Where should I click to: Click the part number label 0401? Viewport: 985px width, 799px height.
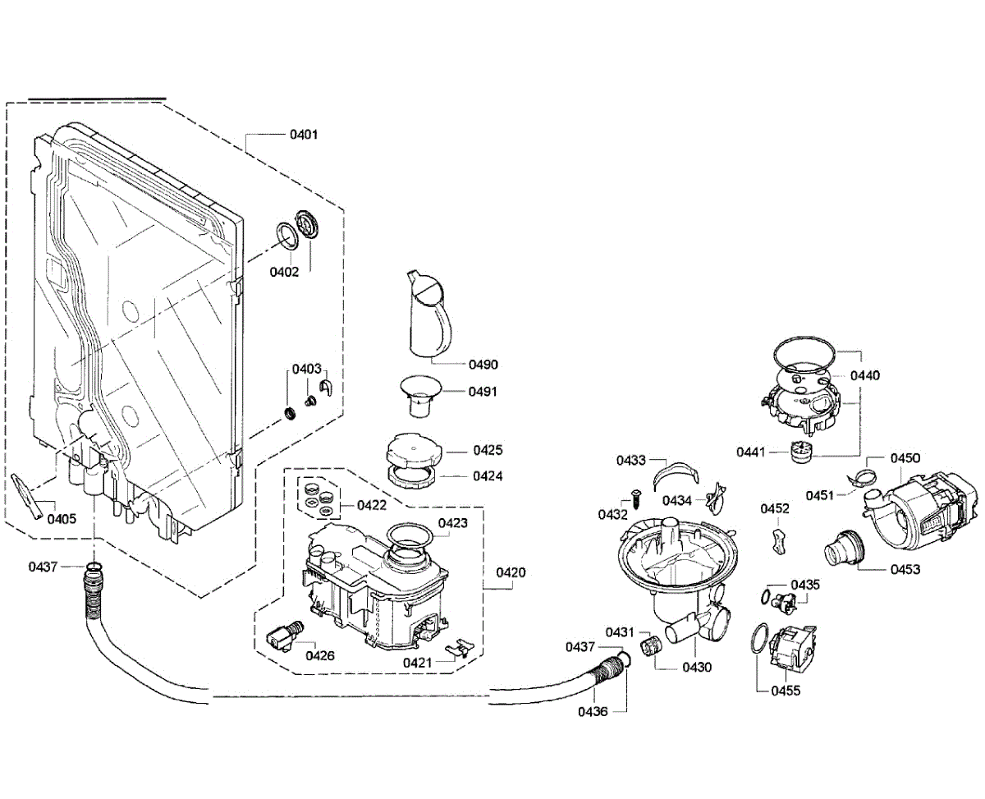pos(304,135)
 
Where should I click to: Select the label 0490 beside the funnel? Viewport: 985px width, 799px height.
pos(483,365)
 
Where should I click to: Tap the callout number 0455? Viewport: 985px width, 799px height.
pos(786,691)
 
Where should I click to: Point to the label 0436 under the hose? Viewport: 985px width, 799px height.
pos(593,712)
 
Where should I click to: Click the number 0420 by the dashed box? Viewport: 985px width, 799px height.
pos(511,572)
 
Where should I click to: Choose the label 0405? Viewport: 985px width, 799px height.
pos(62,519)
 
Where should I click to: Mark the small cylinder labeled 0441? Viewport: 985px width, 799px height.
pos(801,452)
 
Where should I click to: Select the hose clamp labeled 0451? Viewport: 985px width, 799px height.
pos(862,476)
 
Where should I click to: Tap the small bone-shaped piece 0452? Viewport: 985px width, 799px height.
pos(779,542)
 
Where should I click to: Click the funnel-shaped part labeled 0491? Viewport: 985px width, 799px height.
pos(420,397)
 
